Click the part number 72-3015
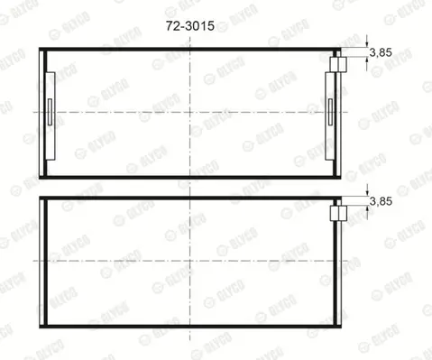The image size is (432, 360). (x=190, y=26)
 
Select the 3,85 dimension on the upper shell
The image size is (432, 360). (x=381, y=52)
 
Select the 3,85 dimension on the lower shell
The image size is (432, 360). (x=381, y=201)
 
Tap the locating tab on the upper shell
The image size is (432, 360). (x=338, y=65)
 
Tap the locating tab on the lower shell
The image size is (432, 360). (x=338, y=213)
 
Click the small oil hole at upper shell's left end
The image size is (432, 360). (x=50, y=112)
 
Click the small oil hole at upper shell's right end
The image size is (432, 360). (x=330, y=112)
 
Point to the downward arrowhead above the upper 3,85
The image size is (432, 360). (x=367, y=44)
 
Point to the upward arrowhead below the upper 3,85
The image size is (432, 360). (x=367, y=60)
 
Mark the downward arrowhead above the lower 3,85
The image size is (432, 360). (x=367, y=193)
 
